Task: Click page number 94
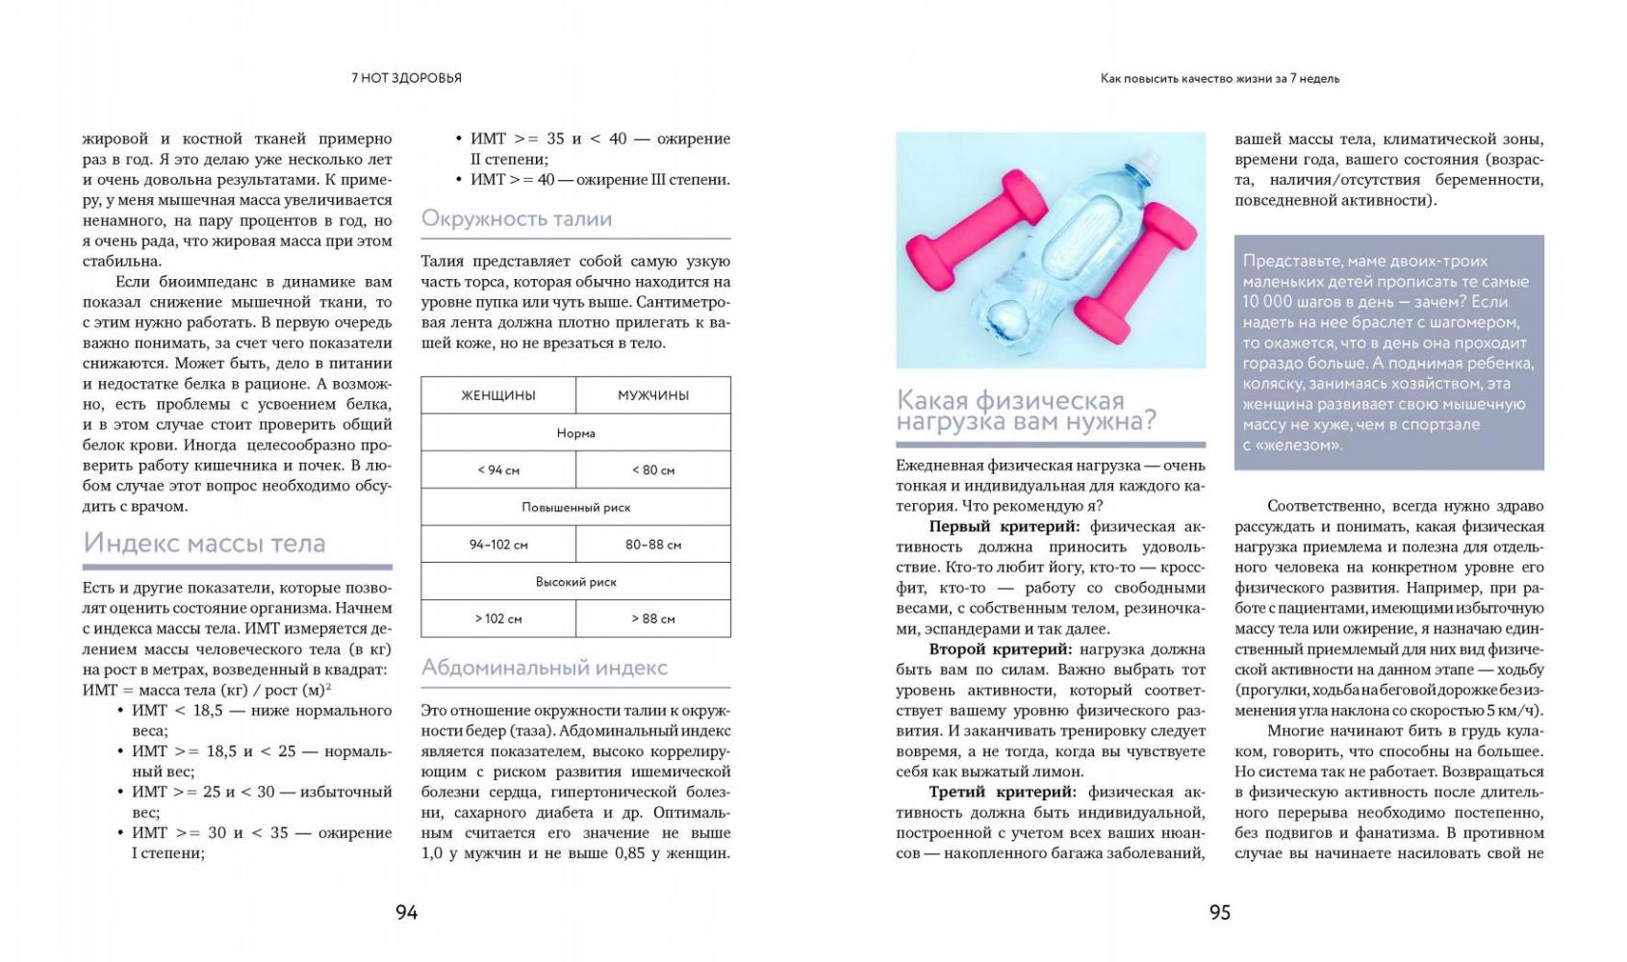click(x=406, y=912)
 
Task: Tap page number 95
click(x=1219, y=912)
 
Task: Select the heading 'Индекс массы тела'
click(x=204, y=543)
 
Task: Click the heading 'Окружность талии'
click(x=517, y=219)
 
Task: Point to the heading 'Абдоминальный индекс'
click(x=544, y=668)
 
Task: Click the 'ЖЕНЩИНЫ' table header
click(x=498, y=395)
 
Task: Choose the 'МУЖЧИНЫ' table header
click(x=653, y=395)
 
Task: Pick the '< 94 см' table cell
click(x=498, y=470)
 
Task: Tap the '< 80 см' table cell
click(x=653, y=470)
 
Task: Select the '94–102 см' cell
click(x=498, y=544)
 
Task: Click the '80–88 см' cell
click(x=653, y=544)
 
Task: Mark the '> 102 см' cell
click(x=498, y=619)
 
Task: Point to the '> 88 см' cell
click(x=653, y=619)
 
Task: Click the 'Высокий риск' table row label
click(x=575, y=582)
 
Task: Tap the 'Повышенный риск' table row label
click(x=575, y=507)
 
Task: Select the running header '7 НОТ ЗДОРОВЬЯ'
click(x=406, y=79)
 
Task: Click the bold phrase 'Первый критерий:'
click(x=1004, y=527)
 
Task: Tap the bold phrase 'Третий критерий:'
click(x=1002, y=793)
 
